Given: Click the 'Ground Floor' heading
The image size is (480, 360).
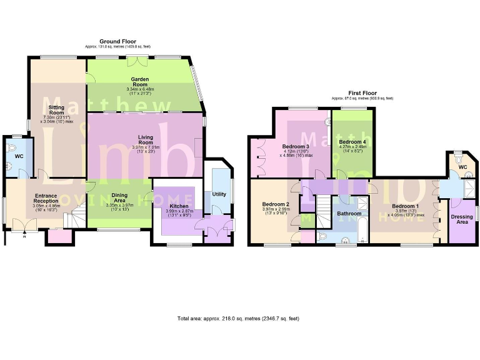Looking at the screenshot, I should [117, 41].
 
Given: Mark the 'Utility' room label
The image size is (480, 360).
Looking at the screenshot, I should [219, 194].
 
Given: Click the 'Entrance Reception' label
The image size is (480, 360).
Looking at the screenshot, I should [45, 199].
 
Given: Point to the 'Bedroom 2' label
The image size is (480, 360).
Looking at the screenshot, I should [275, 204].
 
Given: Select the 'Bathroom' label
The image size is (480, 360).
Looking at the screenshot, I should [349, 213].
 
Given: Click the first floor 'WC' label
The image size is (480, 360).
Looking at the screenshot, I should [462, 167].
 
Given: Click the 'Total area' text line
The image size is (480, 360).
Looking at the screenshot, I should [238, 318].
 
